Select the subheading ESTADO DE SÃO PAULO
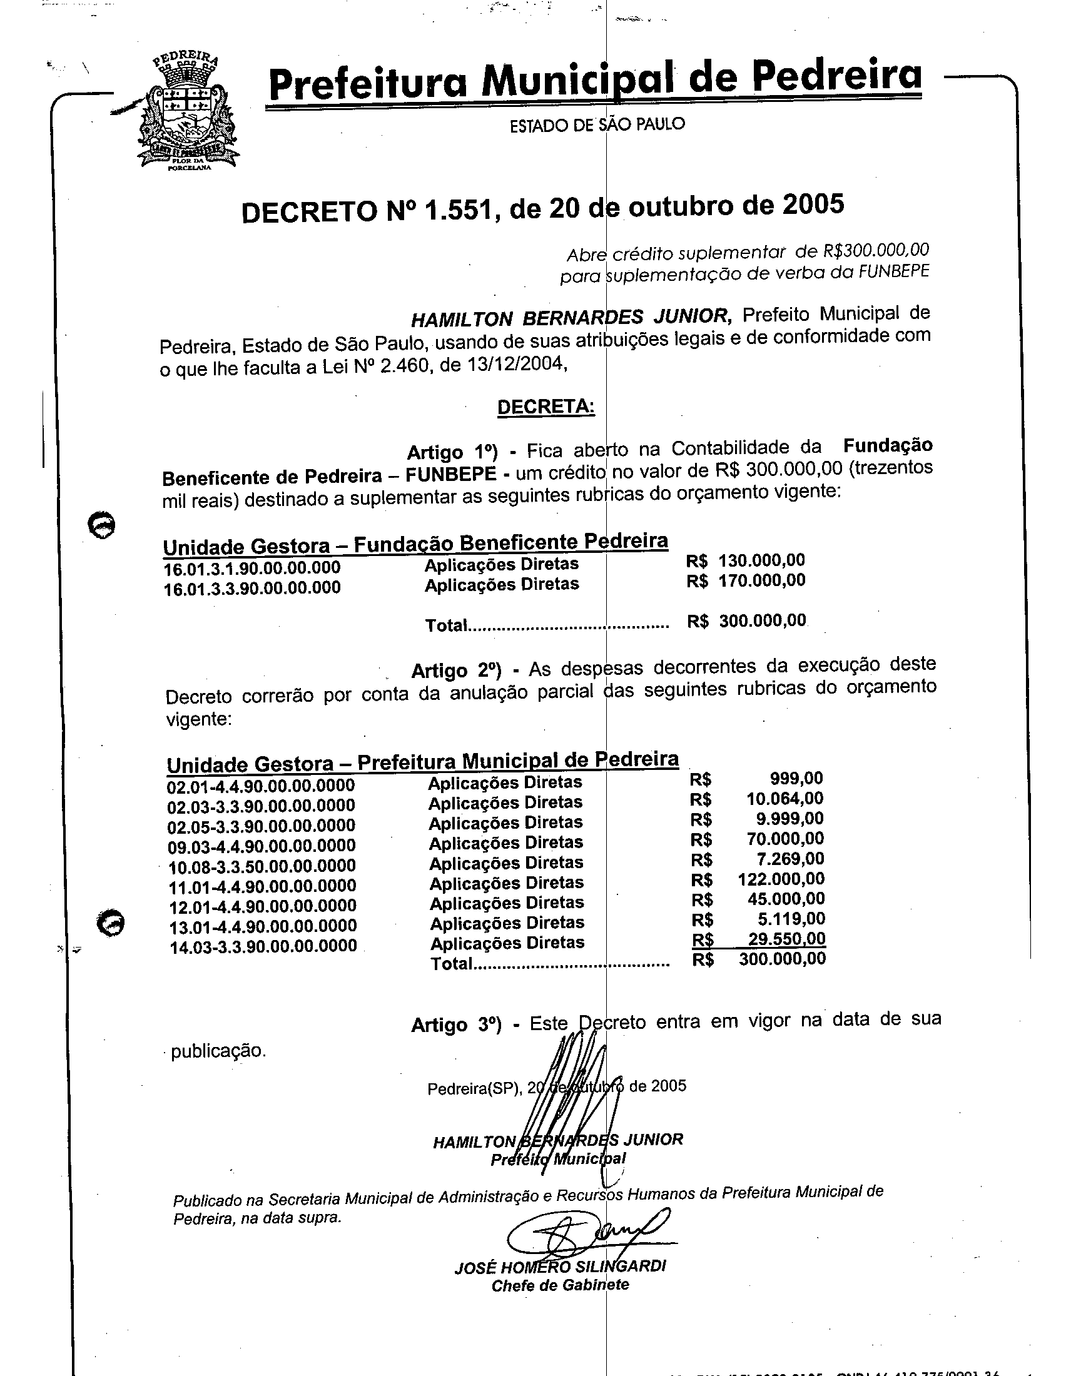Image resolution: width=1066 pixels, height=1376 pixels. pyautogui.click(x=597, y=124)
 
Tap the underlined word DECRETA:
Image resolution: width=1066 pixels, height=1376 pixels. pyautogui.click(x=546, y=407)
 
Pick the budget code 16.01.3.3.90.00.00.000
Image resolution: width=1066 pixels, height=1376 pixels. pyautogui.click(x=252, y=588)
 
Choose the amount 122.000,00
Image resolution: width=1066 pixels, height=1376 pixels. pyautogui.click(x=781, y=878)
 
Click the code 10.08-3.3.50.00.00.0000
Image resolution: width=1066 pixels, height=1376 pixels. pyautogui.click(x=262, y=866)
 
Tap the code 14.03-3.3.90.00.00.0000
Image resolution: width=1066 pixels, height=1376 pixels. pyautogui.click(x=263, y=946)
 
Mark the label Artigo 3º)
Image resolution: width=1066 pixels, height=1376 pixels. pyautogui.click(x=456, y=1025)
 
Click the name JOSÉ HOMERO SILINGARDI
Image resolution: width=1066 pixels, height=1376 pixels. pyautogui.click(x=560, y=1267)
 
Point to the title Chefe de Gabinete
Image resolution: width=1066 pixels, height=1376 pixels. pyautogui.click(x=560, y=1285)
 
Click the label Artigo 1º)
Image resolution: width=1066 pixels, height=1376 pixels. pyautogui.click(x=452, y=452)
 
